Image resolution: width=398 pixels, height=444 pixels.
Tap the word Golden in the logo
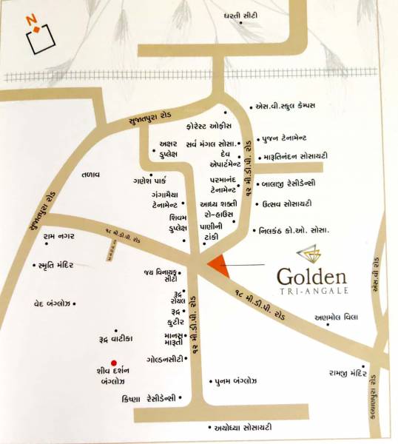coord(311,277)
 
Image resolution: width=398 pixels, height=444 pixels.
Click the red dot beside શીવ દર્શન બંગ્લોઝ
coord(112,362)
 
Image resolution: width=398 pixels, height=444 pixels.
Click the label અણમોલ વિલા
coord(336,317)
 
